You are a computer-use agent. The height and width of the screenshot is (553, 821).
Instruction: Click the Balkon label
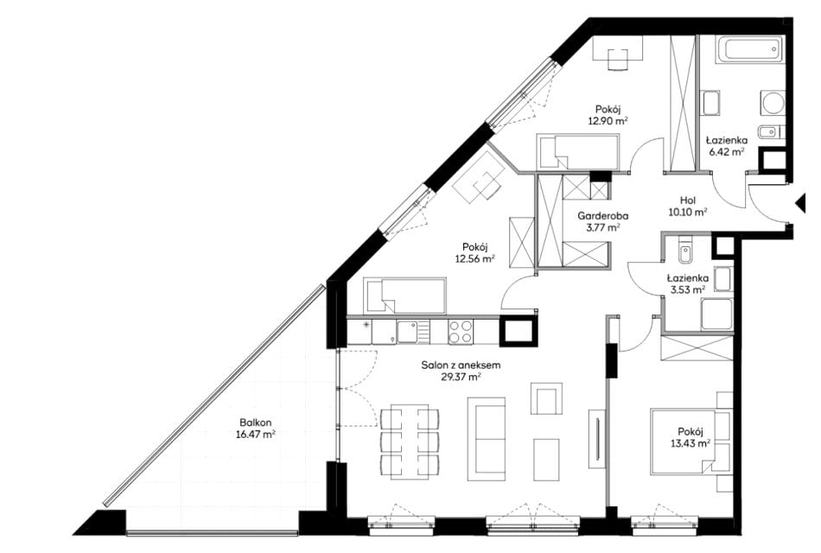(256, 423)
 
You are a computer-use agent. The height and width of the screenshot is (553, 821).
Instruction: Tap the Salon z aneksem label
(461, 365)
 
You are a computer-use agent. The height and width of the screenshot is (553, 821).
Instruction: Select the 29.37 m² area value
(461, 377)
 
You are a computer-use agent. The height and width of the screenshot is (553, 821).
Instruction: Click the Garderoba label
(603, 216)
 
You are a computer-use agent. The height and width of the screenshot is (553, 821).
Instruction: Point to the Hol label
(688, 200)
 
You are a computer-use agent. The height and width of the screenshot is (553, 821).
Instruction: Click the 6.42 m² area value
(727, 152)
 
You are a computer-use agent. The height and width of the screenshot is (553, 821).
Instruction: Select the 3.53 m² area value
(687, 289)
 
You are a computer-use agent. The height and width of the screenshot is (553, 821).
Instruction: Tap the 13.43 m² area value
(691, 443)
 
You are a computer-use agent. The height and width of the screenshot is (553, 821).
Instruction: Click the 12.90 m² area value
(608, 120)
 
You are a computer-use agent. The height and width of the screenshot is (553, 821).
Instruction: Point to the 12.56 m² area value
(475, 258)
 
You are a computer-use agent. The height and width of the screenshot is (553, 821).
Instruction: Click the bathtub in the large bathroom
(750, 49)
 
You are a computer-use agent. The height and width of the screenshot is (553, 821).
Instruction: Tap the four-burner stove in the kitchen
(461, 332)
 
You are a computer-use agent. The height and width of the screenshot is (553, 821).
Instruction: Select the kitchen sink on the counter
(414, 332)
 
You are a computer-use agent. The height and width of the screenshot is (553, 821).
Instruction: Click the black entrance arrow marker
(800, 203)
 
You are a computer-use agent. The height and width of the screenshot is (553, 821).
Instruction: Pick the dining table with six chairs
(410, 441)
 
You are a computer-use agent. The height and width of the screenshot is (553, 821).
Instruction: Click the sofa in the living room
(487, 439)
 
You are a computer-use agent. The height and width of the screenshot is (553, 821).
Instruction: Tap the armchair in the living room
(547, 398)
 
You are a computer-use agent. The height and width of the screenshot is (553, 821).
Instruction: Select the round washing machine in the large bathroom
(773, 103)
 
